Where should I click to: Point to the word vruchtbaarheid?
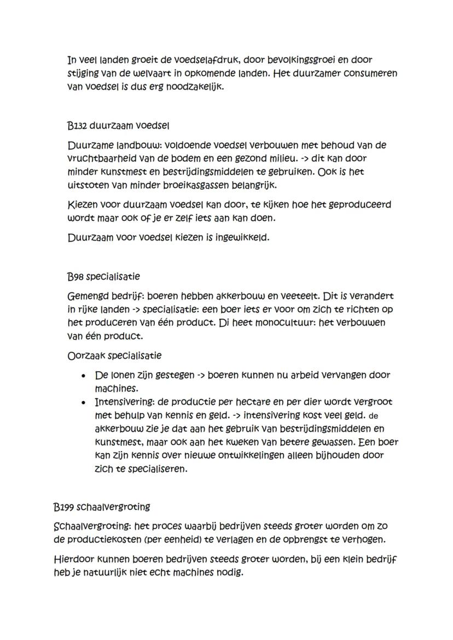(103, 158)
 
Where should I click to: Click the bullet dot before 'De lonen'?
(83, 376)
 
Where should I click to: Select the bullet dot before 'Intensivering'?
(83, 402)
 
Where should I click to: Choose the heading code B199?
(65, 507)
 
